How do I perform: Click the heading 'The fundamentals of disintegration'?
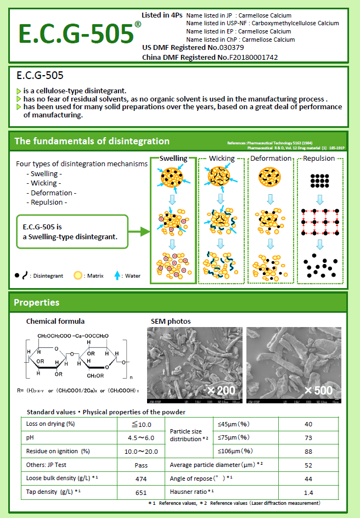click(x=92, y=141)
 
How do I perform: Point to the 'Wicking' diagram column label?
click(x=222, y=159)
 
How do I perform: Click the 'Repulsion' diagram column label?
click(x=319, y=159)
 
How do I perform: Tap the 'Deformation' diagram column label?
click(x=271, y=159)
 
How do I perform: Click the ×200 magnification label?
click(x=221, y=390)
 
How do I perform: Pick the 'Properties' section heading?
click(x=36, y=302)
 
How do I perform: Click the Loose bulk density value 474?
click(x=141, y=479)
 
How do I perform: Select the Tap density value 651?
click(x=141, y=493)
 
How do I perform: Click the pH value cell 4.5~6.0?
click(x=141, y=438)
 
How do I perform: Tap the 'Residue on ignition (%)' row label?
click(x=58, y=451)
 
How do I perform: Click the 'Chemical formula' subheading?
click(x=55, y=321)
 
